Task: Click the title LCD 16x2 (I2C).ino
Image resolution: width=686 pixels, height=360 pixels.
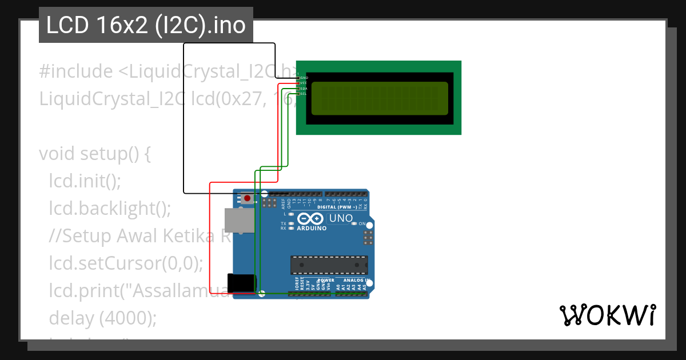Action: coord(146,25)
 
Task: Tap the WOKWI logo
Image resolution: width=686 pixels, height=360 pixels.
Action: coord(607,315)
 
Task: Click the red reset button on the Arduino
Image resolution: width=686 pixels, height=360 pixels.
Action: coord(247,199)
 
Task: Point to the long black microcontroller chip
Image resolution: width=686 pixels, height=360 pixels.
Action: coord(329,265)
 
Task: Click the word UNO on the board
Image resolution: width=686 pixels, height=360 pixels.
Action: coord(341,218)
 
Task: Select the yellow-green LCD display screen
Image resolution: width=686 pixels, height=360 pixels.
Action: coord(379,98)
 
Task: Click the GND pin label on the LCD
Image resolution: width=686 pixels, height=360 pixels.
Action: coord(304,77)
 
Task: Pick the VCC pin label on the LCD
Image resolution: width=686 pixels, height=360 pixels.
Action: coord(304,83)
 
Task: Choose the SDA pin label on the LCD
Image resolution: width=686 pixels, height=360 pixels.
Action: coord(304,89)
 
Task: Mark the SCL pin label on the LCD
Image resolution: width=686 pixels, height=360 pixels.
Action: coord(304,94)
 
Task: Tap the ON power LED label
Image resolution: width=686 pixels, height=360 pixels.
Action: coord(362,223)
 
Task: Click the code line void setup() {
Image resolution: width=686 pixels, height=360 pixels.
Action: coord(94,154)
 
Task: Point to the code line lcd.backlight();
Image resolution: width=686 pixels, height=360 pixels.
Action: coord(110,209)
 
